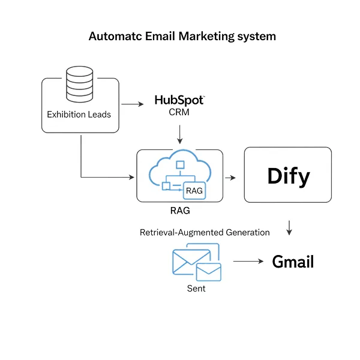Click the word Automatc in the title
click(115, 36)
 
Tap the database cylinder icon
click(79, 84)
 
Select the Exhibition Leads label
click(79, 115)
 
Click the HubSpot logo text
click(179, 100)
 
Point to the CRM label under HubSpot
click(179, 112)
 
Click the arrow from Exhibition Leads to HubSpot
click(133, 104)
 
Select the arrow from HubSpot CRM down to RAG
click(180, 134)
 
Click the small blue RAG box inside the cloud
click(194, 190)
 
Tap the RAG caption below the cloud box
click(180, 211)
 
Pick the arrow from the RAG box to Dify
click(230, 178)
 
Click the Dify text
click(289, 176)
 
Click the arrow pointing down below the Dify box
click(289, 228)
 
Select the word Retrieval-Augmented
click(182, 232)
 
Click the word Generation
click(248, 232)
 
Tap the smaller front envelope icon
click(209, 272)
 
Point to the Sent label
click(196, 289)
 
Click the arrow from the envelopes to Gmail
click(248, 261)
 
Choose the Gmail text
click(293, 262)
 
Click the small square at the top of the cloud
click(180, 165)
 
